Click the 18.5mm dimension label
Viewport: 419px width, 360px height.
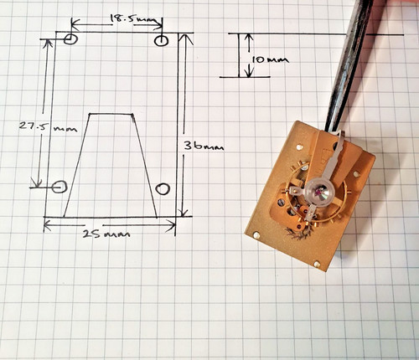[x=132, y=19]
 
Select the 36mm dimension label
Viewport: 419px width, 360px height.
[x=204, y=146]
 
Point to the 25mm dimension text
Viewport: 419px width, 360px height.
[x=106, y=234]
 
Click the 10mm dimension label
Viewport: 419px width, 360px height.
[x=270, y=59]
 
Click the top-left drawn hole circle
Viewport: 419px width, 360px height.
[x=70, y=39]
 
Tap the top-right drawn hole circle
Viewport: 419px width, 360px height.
[x=161, y=40]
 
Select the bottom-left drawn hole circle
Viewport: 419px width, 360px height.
[x=59, y=187]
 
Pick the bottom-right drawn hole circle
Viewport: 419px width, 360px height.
[x=163, y=188]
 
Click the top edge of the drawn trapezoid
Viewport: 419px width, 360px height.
[x=111, y=114]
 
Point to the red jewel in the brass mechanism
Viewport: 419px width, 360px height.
[x=318, y=193]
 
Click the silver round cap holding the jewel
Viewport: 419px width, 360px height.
[x=320, y=193]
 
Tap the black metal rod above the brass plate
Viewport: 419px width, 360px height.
[x=350, y=65]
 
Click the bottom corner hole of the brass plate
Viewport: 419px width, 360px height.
[x=317, y=263]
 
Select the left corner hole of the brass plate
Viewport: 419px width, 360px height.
[x=256, y=235]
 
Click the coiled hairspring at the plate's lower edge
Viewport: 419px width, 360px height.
[x=297, y=233]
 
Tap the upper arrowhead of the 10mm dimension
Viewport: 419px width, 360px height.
[x=249, y=39]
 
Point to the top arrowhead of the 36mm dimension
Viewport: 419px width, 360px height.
[x=186, y=39]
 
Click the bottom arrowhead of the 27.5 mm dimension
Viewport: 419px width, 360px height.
[x=37, y=183]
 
